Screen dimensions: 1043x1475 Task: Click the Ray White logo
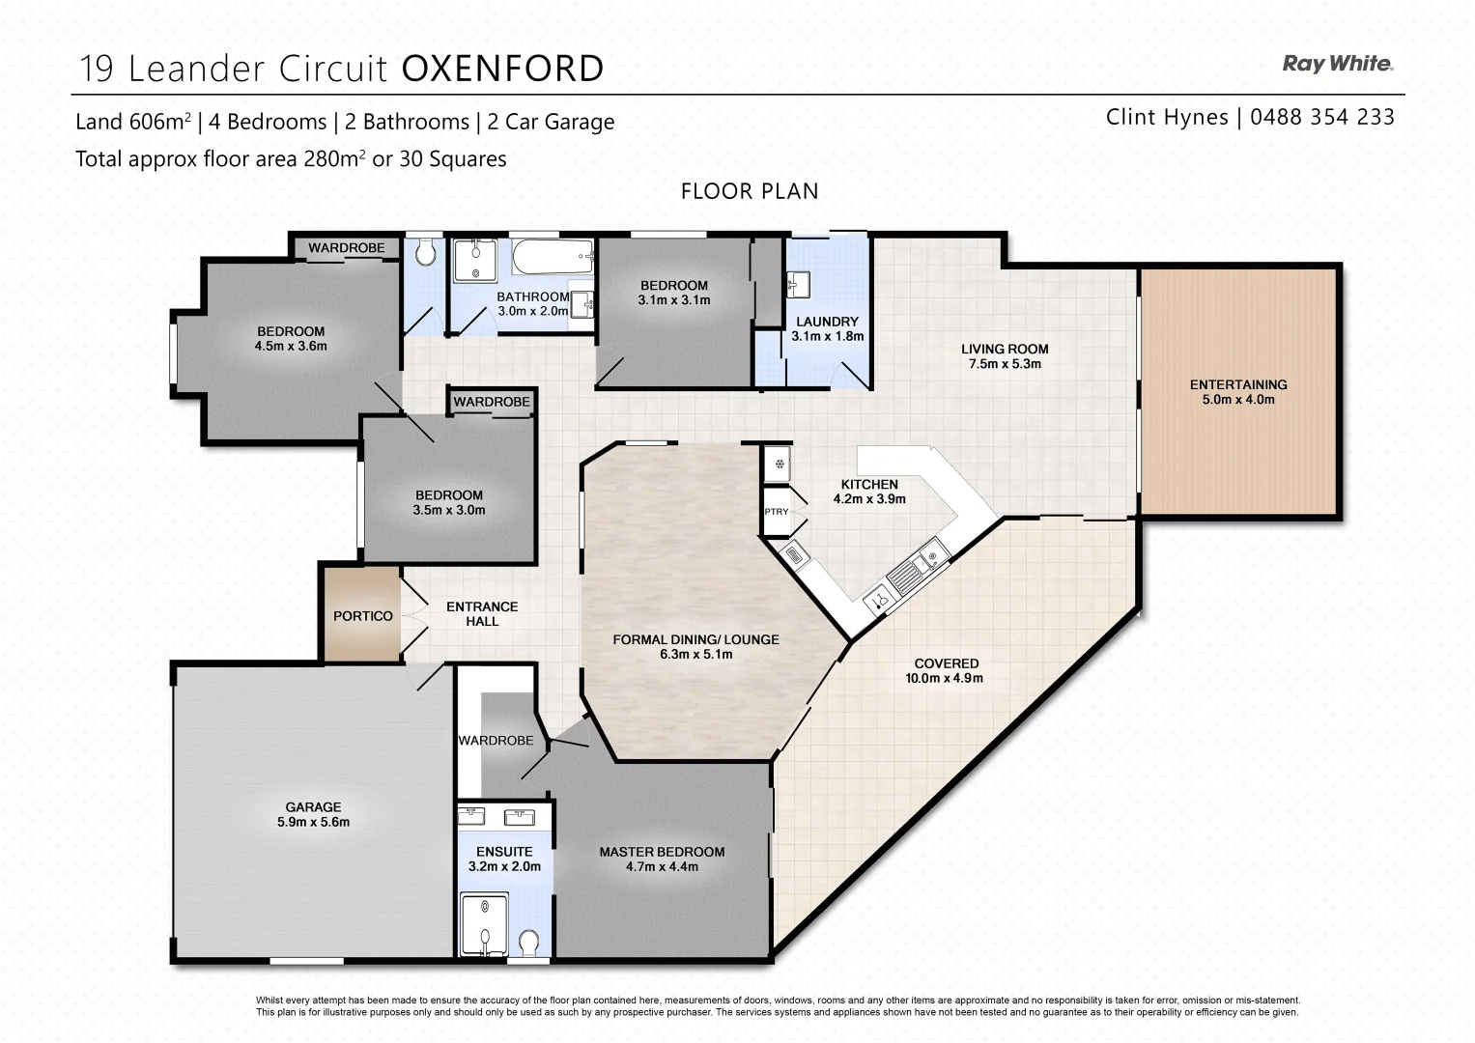click(1337, 65)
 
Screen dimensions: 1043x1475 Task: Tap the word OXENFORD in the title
click(502, 70)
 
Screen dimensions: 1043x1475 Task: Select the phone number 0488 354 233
click(1321, 117)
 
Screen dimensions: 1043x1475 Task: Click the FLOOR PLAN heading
click(749, 191)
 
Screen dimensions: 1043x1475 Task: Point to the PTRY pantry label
click(776, 512)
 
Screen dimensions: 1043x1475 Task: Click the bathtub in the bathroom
click(552, 258)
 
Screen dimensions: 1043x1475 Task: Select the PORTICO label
click(363, 616)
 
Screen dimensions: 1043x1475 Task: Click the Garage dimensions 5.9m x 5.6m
click(313, 823)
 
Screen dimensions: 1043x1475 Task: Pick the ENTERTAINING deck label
click(1237, 384)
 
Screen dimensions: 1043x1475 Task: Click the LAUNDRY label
click(827, 322)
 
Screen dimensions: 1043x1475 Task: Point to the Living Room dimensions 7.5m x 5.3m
click(1005, 364)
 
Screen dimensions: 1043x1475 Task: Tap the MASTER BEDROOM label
click(662, 852)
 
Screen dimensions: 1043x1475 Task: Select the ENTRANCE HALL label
click(482, 614)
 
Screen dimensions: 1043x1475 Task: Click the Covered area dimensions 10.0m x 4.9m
click(946, 678)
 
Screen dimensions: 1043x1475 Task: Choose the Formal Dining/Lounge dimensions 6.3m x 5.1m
click(695, 654)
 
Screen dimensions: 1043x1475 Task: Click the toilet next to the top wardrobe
click(424, 254)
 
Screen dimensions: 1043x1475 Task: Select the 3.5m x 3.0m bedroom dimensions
click(449, 510)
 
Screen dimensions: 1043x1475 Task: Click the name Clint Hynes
click(1166, 117)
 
